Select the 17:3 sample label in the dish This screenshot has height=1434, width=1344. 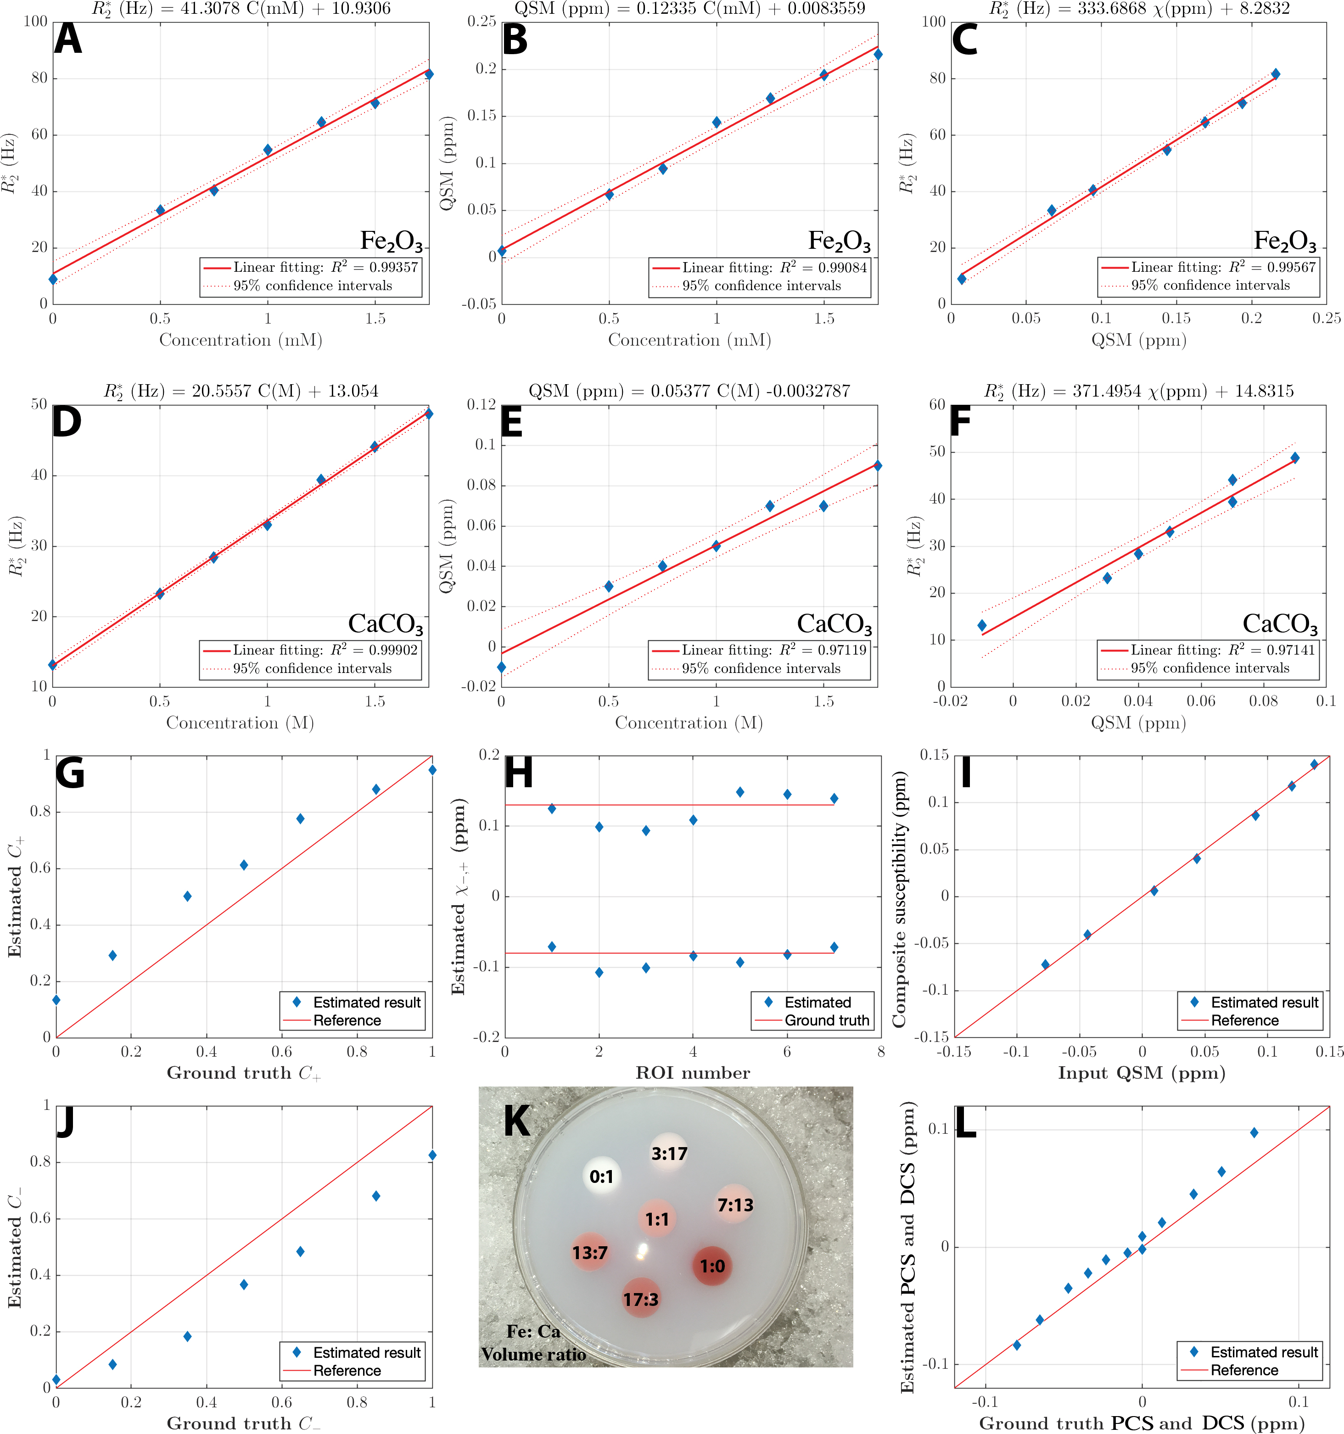(x=641, y=1299)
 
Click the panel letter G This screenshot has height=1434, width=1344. (x=70, y=773)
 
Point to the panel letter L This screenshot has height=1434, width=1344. (x=965, y=1123)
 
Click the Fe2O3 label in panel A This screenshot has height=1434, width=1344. (x=391, y=240)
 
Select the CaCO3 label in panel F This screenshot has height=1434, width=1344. (x=1280, y=623)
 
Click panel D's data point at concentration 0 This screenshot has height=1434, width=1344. (x=53, y=664)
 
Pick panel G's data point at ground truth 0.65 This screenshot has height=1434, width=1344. (x=300, y=819)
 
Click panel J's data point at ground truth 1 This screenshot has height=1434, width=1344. (x=432, y=1155)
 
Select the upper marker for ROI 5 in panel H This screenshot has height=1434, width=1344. (x=740, y=792)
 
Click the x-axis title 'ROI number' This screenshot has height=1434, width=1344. (x=693, y=1073)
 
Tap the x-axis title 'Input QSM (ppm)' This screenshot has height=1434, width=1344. (x=1141, y=1073)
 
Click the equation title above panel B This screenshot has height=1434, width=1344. (x=690, y=9)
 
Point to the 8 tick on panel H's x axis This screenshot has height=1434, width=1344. (x=881, y=1052)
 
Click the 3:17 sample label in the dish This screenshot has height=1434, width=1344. (x=669, y=1154)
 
